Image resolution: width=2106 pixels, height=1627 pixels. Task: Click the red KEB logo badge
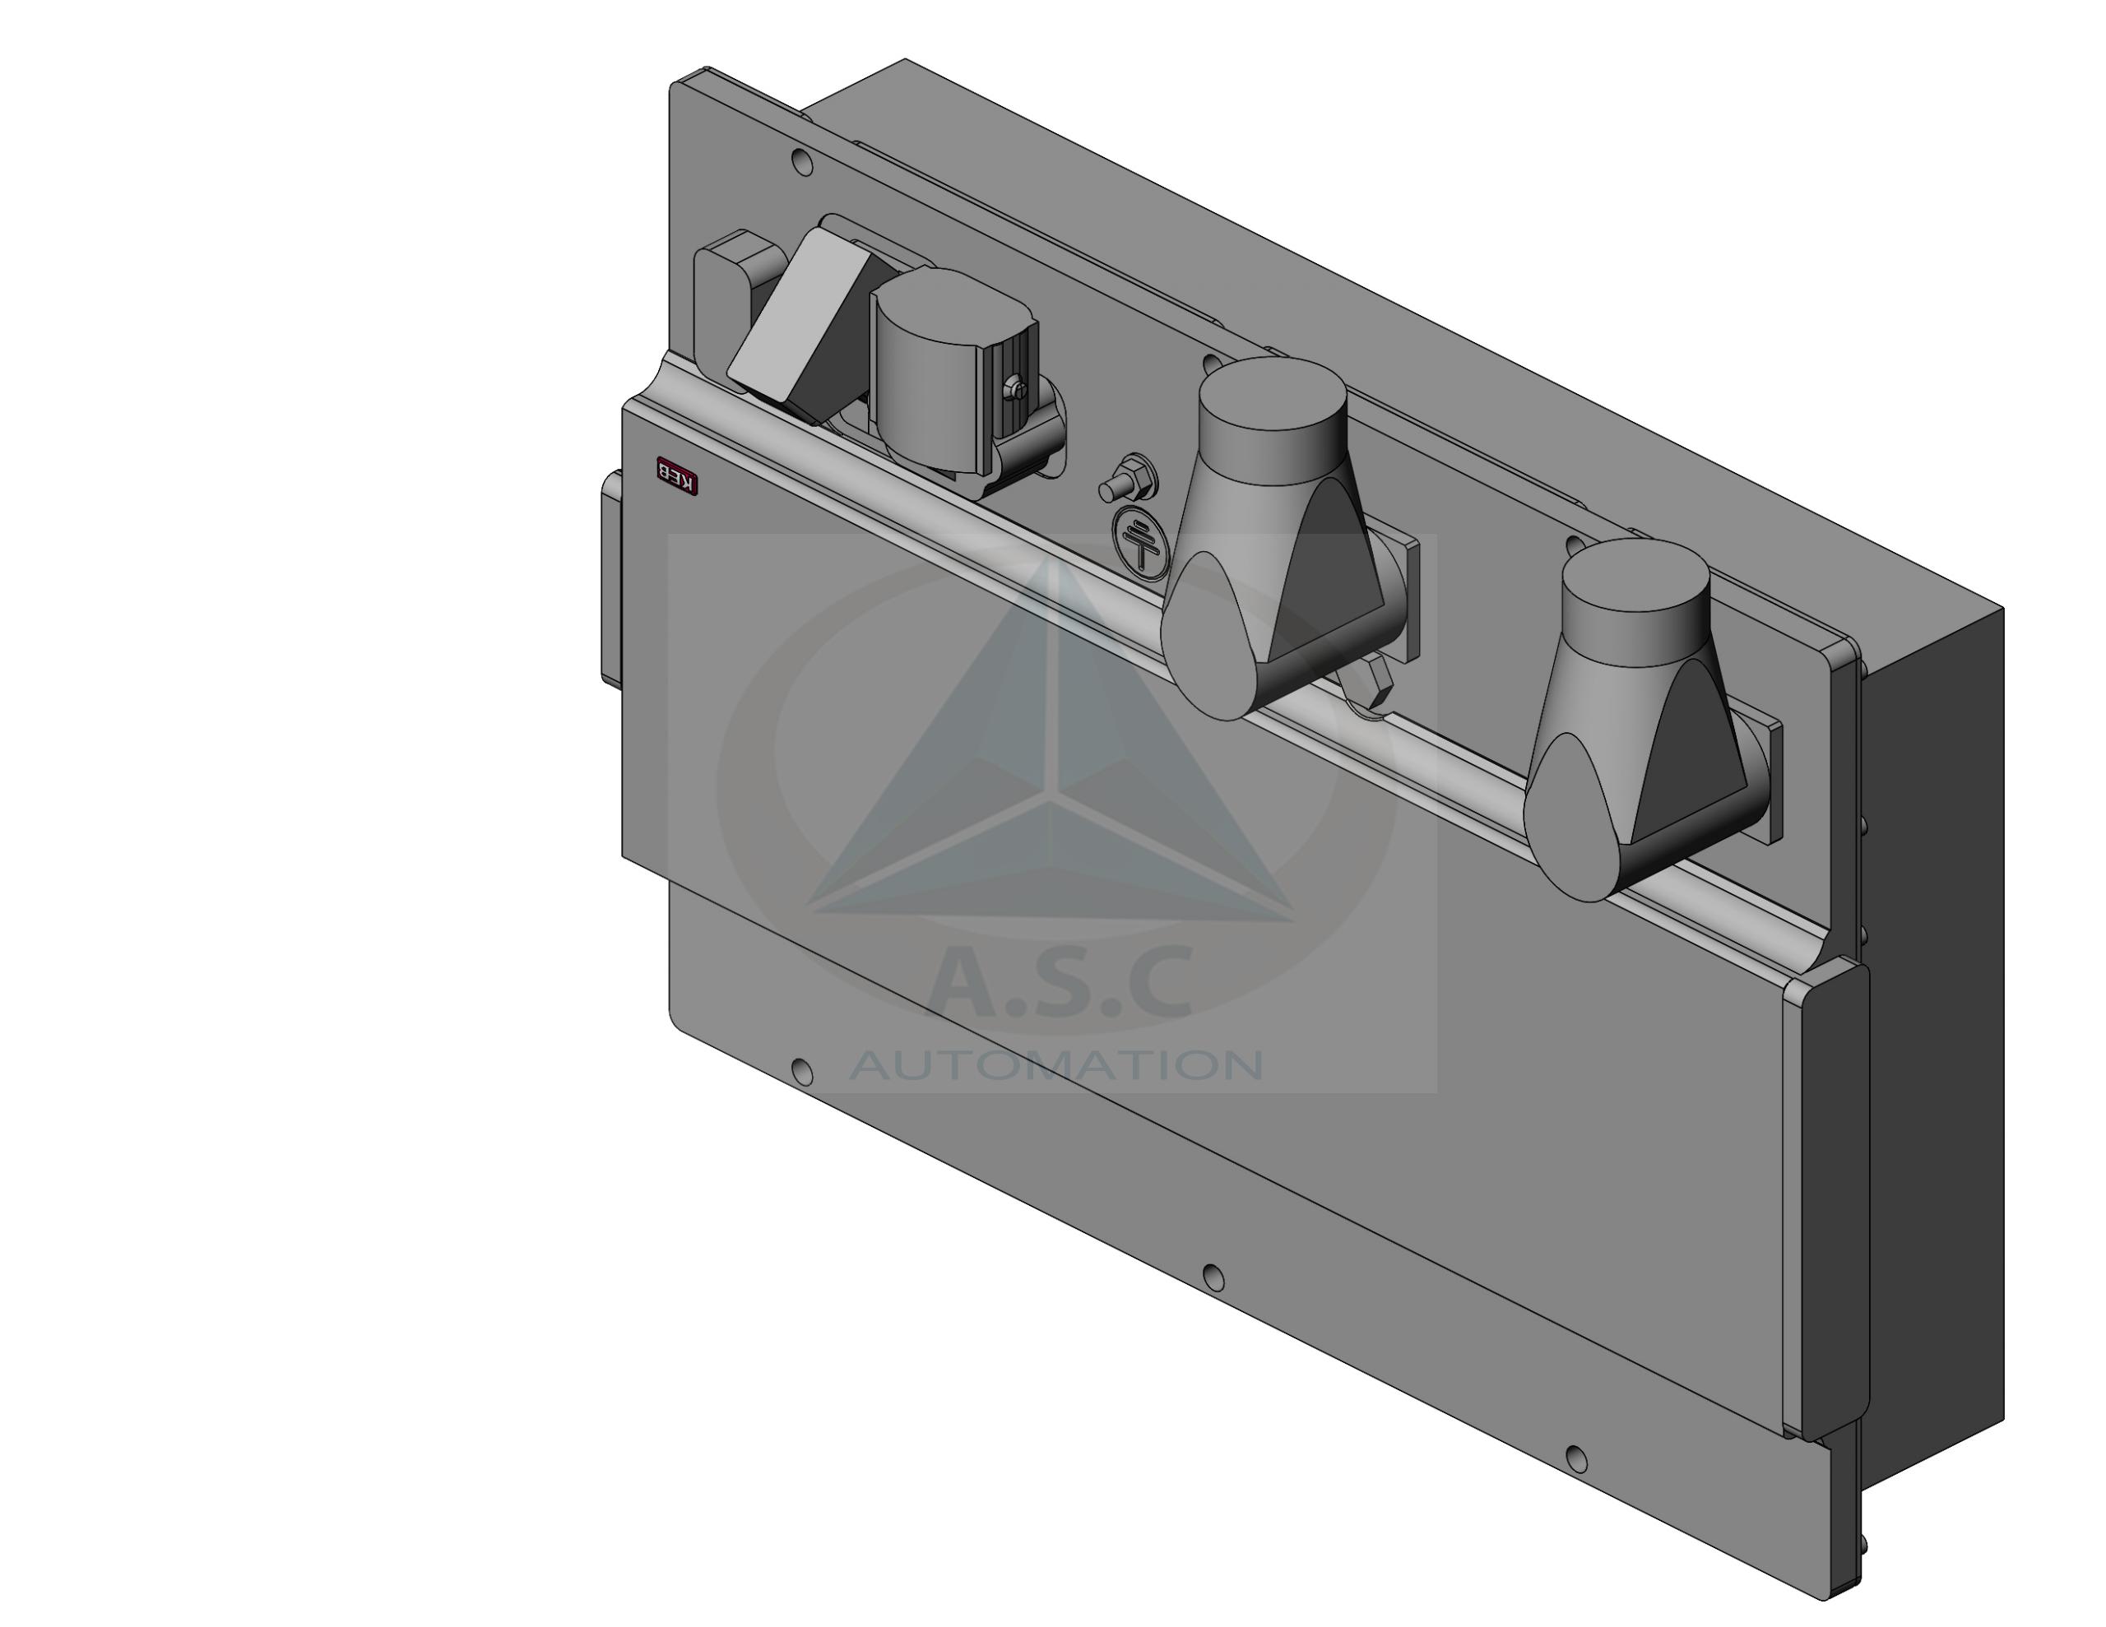click(x=677, y=475)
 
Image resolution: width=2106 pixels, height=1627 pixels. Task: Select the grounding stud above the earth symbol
click(x=1128, y=480)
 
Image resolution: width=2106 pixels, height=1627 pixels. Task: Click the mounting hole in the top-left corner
click(x=801, y=163)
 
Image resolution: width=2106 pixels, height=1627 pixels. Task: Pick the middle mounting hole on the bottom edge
click(x=1215, y=1279)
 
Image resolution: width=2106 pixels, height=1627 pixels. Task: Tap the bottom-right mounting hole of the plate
click(x=1576, y=1459)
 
